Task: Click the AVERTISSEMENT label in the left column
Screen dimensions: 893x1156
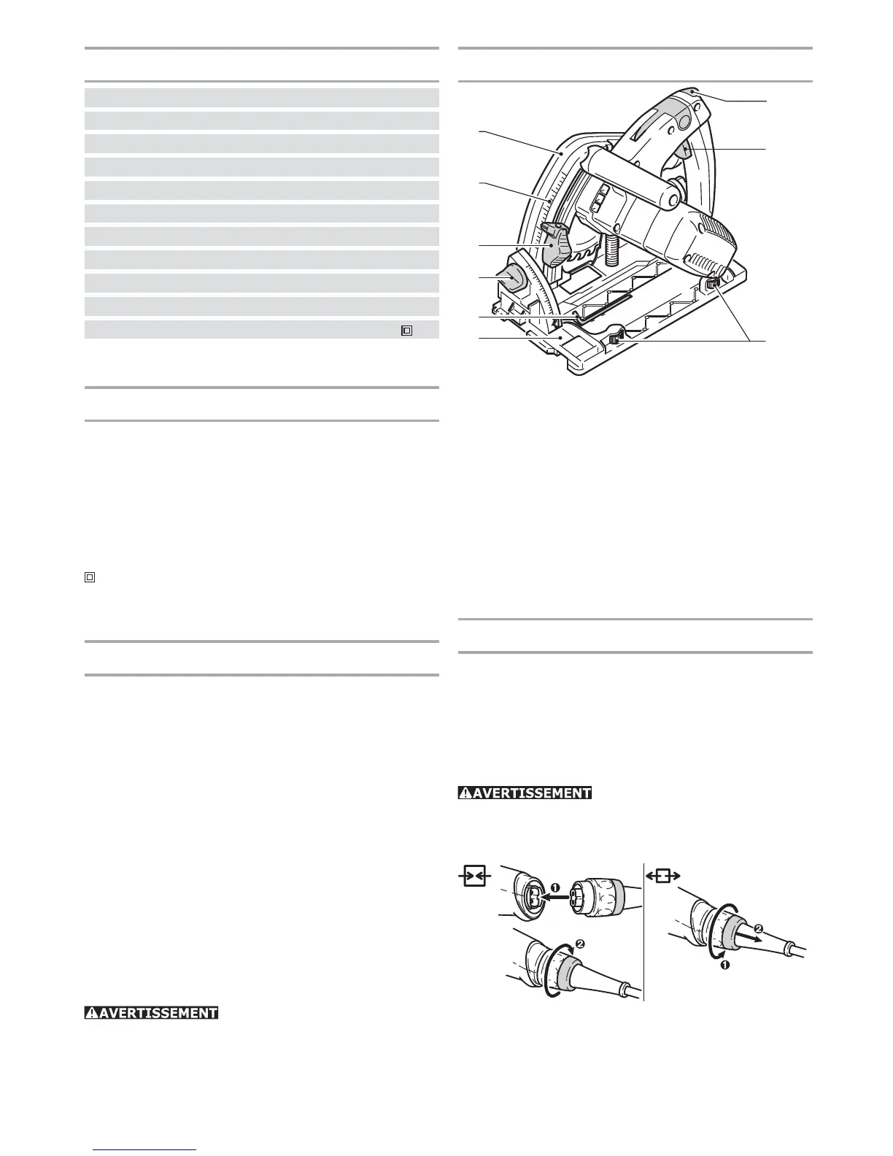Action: click(151, 1012)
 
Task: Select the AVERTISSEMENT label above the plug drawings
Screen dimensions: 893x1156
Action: click(525, 793)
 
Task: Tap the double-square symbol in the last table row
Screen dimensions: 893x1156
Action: click(406, 330)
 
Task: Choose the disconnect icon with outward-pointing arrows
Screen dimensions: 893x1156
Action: click(662, 876)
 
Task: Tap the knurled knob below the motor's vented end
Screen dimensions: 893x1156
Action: click(714, 282)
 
